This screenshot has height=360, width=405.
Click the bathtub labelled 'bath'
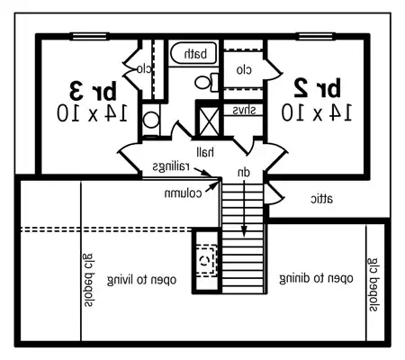[x=194, y=55]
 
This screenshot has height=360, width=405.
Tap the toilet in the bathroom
[x=206, y=83]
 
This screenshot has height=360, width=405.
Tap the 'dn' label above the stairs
[x=243, y=171]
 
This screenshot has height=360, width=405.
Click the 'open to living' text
[x=140, y=280]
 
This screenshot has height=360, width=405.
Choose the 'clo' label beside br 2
[x=243, y=69]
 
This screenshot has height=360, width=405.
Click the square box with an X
[x=209, y=120]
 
